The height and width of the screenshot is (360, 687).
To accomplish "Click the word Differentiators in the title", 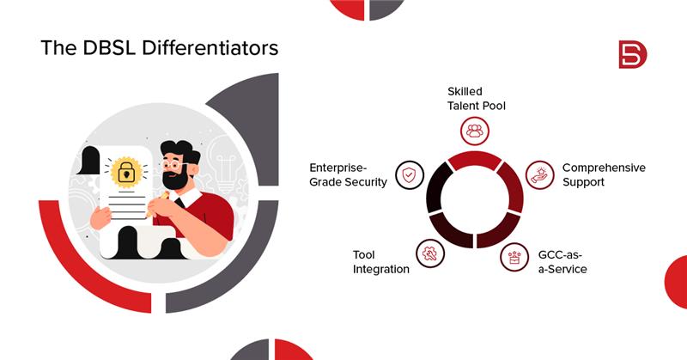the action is coord(210,47).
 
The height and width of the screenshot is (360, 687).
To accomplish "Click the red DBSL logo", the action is coord(633,54).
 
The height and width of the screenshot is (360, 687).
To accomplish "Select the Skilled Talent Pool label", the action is coord(477,99).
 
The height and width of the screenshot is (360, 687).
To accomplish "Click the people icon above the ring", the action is coord(475,131).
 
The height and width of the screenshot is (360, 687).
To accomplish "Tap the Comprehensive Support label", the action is coord(604,174).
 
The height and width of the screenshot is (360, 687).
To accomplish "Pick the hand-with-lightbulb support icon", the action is coord(540,175).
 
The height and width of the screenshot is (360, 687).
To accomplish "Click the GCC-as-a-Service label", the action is coord(562,262).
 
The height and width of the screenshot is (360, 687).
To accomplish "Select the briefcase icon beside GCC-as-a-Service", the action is coord(514,257).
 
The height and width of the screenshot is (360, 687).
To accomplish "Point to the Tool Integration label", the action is coord(381,262).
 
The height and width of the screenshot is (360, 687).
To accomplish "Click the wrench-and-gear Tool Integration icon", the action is coord(430,253).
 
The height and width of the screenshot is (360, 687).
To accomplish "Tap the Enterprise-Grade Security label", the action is coord(349,174).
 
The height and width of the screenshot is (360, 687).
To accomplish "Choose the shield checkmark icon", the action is coord(410,175).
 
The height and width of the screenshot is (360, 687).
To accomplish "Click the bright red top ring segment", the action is coord(475,160).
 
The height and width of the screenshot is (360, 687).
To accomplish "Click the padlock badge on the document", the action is coord(126,173).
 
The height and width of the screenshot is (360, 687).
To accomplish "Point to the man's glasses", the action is coord(173,165).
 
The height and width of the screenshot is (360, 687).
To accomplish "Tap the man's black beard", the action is coord(175,180).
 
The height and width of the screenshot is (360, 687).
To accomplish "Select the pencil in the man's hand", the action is coord(158,203).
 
